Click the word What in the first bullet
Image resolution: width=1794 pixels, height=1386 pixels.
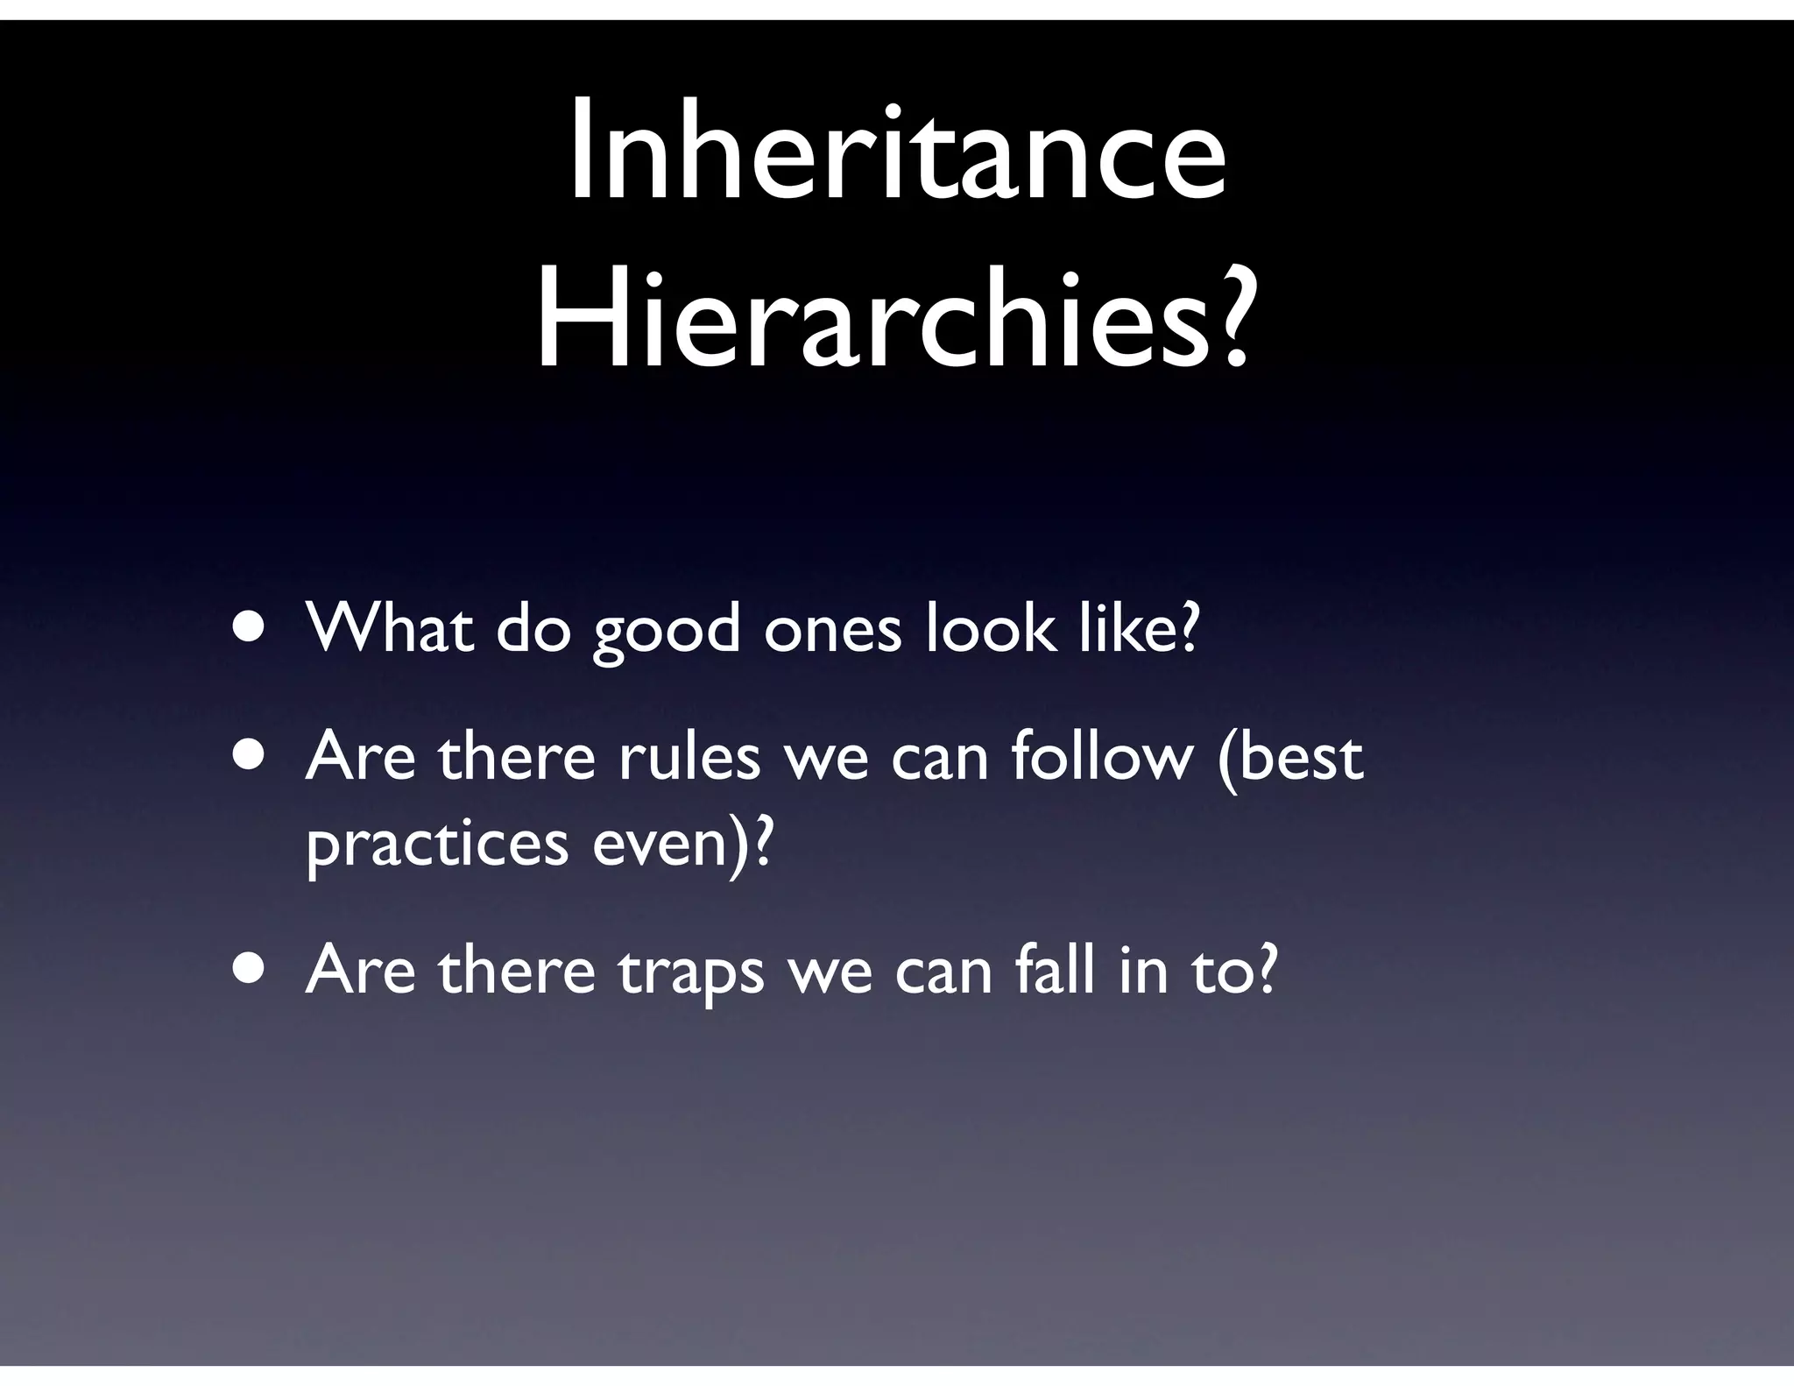click(390, 628)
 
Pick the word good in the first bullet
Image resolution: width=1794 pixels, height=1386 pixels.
click(667, 631)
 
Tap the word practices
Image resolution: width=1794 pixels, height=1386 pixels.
click(437, 845)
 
